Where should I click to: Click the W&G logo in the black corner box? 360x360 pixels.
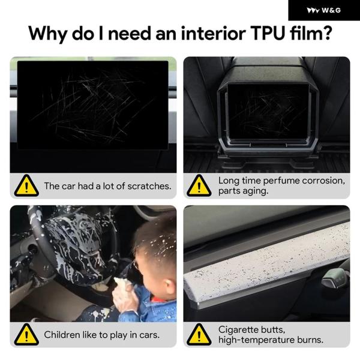[324, 10]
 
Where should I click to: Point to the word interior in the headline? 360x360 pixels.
[213, 34]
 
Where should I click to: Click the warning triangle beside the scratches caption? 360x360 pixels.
[26, 185]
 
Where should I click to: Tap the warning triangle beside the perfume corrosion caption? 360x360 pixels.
[199, 185]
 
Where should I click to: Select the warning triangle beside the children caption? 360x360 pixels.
[26, 334]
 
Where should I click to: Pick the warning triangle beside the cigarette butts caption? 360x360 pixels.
[199, 334]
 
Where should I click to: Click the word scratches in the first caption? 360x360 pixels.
[149, 186]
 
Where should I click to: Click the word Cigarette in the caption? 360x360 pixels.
[238, 330]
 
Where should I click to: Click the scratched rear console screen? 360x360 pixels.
[268, 112]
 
